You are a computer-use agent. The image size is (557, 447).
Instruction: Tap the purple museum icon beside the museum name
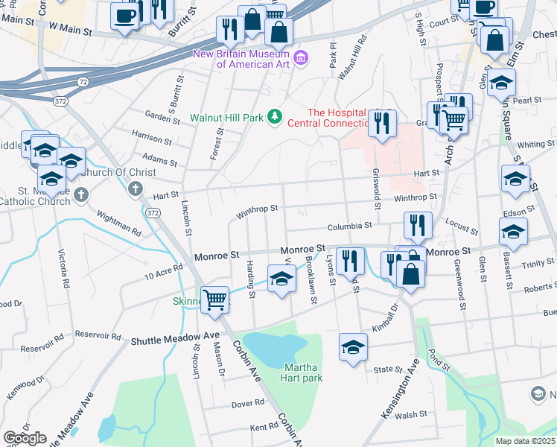pos(301,58)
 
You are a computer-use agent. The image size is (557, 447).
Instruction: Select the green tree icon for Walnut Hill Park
pos(276,116)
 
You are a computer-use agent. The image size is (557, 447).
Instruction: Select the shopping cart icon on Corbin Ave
pos(215,299)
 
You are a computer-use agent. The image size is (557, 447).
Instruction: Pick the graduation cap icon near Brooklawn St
pos(281,280)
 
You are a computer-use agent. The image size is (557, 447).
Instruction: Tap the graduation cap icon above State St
pos(353,346)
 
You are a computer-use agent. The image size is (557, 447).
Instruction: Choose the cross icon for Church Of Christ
pos(136,189)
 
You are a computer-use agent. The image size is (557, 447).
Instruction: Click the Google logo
pos(25,438)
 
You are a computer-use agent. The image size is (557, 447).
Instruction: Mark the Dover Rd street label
pos(248,402)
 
